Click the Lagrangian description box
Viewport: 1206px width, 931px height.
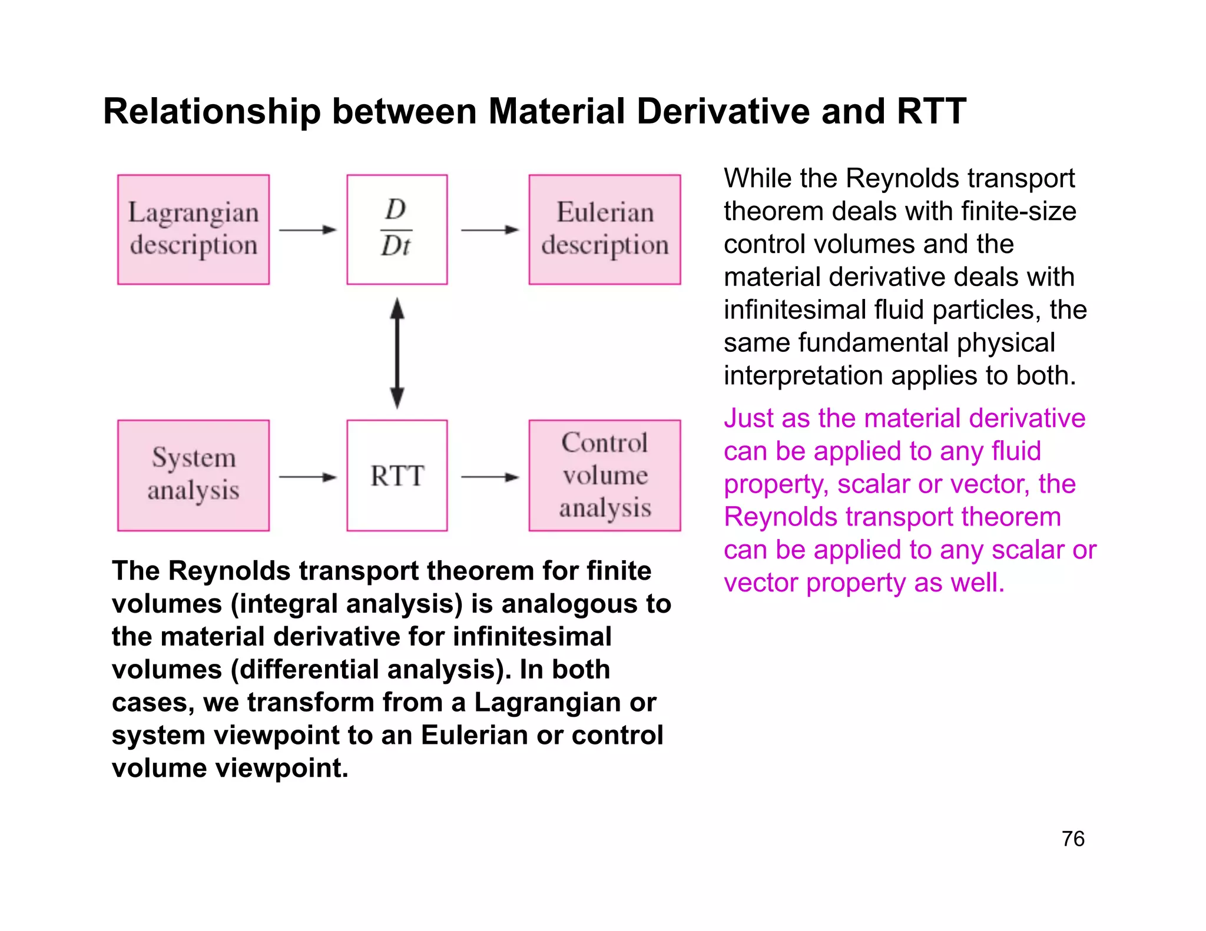(193, 230)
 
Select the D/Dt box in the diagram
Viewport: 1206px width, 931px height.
(397, 230)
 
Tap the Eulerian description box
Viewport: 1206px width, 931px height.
(605, 230)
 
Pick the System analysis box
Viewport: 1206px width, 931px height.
(193, 475)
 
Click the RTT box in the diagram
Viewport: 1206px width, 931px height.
(397, 475)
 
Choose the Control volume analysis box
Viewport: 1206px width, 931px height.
(605, 475)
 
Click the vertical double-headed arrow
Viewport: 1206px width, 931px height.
(397, 353)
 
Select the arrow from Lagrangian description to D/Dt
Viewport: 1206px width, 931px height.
(307, 230)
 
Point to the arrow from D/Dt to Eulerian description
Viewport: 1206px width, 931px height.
(489, 230)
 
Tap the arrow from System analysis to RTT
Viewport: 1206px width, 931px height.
(307, 477)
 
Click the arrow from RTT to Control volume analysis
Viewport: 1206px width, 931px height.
(489, 477)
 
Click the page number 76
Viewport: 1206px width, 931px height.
(1073, 839)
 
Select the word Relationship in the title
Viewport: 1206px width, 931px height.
(212, 112)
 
